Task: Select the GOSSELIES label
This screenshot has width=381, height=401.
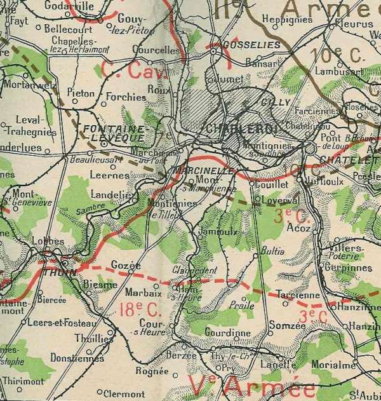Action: click(243, 46)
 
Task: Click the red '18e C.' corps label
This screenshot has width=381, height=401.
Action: click(135, 310)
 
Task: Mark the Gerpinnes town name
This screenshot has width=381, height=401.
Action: click(349, 268)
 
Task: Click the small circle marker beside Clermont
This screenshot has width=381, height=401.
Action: click(100, 391)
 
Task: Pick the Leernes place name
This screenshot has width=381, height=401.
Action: click(105, 172)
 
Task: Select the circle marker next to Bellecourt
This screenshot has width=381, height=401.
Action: click(38, 28)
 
